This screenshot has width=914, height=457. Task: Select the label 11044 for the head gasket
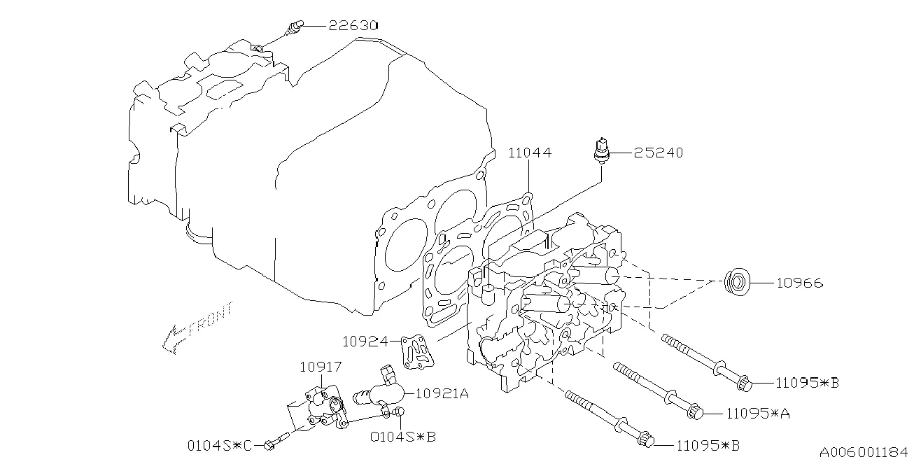(529, 152)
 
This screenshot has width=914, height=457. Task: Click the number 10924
(366, 342)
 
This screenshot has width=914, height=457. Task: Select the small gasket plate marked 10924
(416, 351)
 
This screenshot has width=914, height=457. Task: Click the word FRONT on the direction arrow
(208, 321)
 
